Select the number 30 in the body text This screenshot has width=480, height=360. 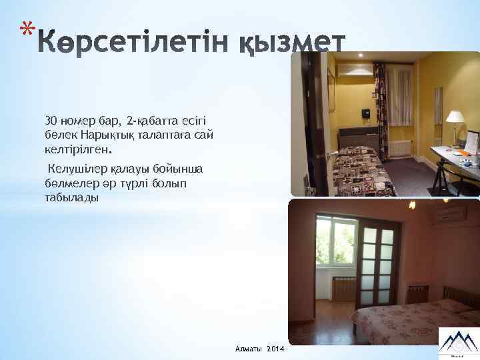tap(51, 121)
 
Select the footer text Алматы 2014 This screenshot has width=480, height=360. tap(259, 349)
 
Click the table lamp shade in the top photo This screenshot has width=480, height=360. tap(455, 117)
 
